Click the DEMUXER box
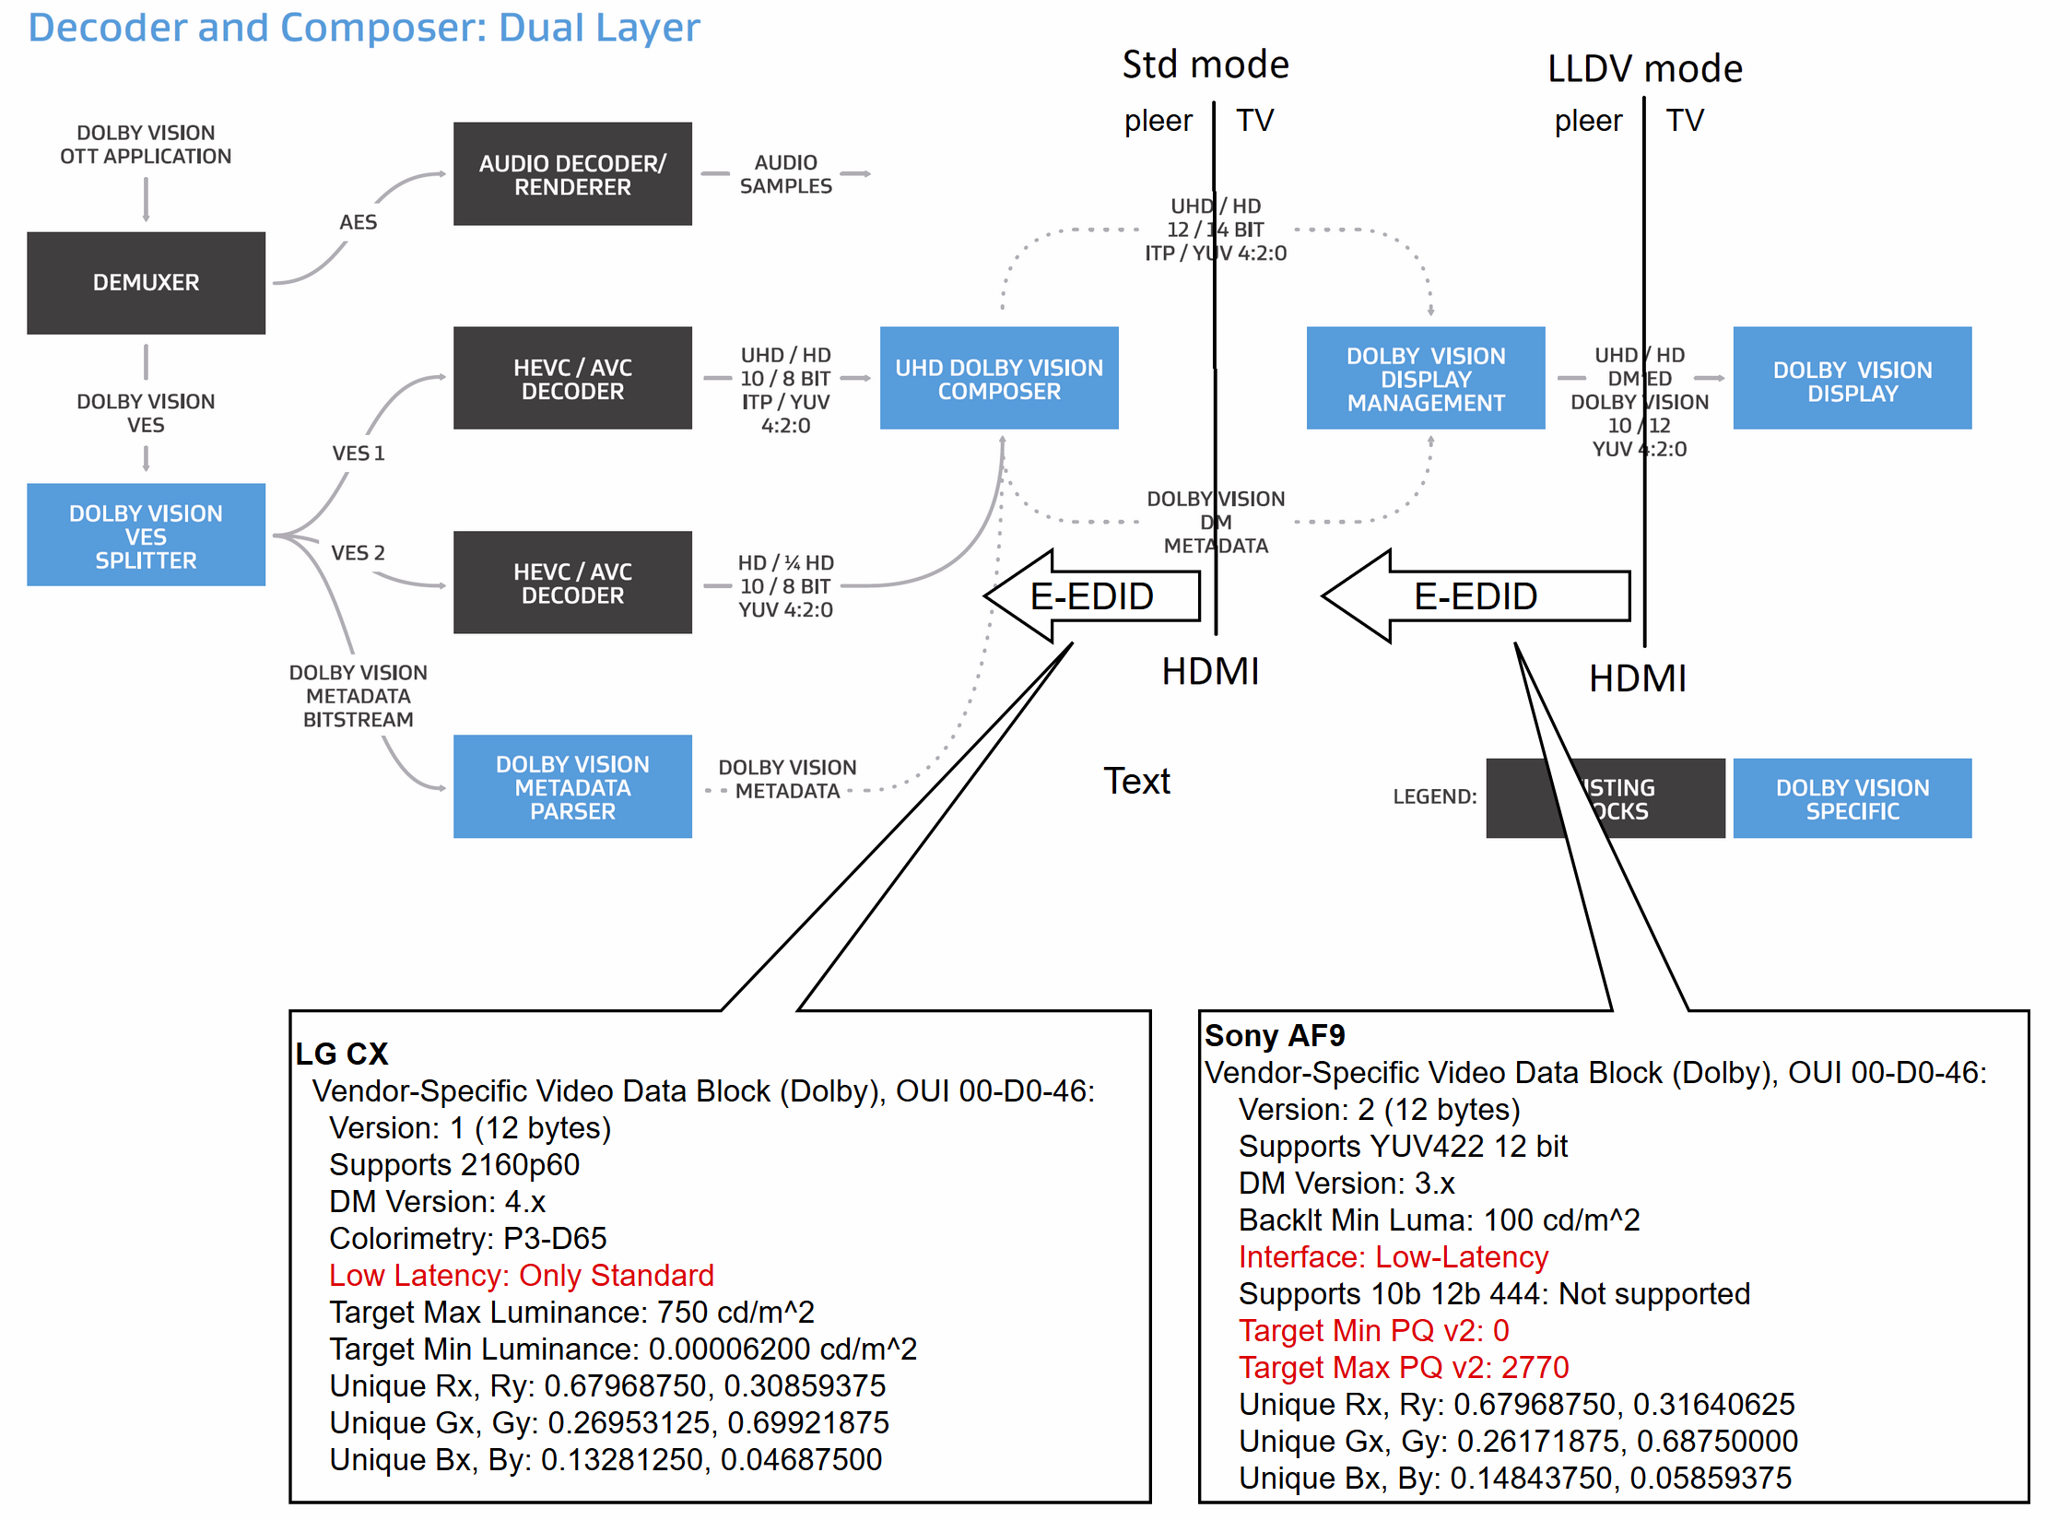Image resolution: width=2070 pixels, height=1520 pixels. pos(146,282)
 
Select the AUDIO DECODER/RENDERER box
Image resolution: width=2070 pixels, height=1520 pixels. pos(572,174)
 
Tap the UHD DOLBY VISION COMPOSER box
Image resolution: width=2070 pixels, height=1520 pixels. pos(998,379)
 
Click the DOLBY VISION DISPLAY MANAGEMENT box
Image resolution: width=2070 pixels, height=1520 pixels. pos(1425,379)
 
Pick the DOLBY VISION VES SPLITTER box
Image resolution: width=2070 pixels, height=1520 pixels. pos(146,536)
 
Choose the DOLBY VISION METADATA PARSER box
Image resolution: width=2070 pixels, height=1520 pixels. pos(572,787)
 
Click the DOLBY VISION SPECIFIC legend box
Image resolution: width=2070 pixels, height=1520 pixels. pos(1852,799)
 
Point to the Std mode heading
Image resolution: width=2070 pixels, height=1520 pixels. pos(1206,65)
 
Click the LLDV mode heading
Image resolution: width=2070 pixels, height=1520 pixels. pos(1644,69)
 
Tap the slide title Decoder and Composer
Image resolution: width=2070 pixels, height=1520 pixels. pos(363,28)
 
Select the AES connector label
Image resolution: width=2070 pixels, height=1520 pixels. pos(358,222)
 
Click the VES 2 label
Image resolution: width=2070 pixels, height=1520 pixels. pos(358,553)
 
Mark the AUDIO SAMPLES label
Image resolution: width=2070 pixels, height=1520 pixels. pos(785,174)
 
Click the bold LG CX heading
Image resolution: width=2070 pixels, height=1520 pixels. pos(341,1054)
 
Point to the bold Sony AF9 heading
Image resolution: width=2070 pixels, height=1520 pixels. pos(1275,1036)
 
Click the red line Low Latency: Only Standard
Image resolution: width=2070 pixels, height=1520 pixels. pos(522,1275)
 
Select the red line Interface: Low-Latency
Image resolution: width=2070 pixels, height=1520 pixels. pos(1393,1257)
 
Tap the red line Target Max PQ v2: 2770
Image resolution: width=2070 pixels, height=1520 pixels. pos(1403,1368)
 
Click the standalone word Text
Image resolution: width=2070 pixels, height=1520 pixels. pos(1136,782)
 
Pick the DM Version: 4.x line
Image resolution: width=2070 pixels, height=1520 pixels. pos(438,1202)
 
